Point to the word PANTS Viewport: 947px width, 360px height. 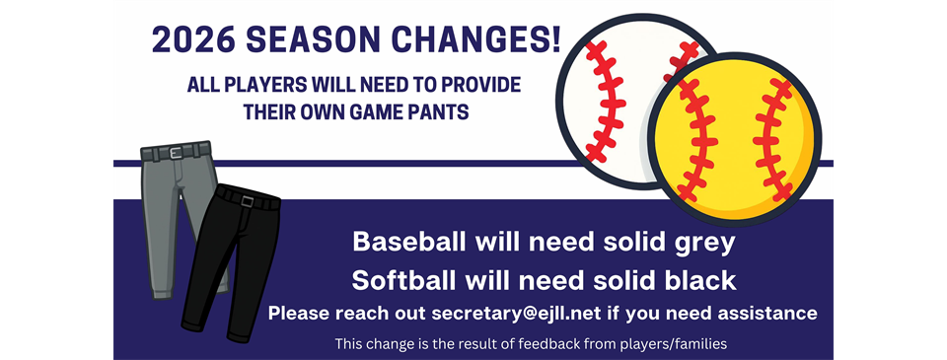(x=437, y=112)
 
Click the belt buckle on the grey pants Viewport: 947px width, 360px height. (x=176, y=153)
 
